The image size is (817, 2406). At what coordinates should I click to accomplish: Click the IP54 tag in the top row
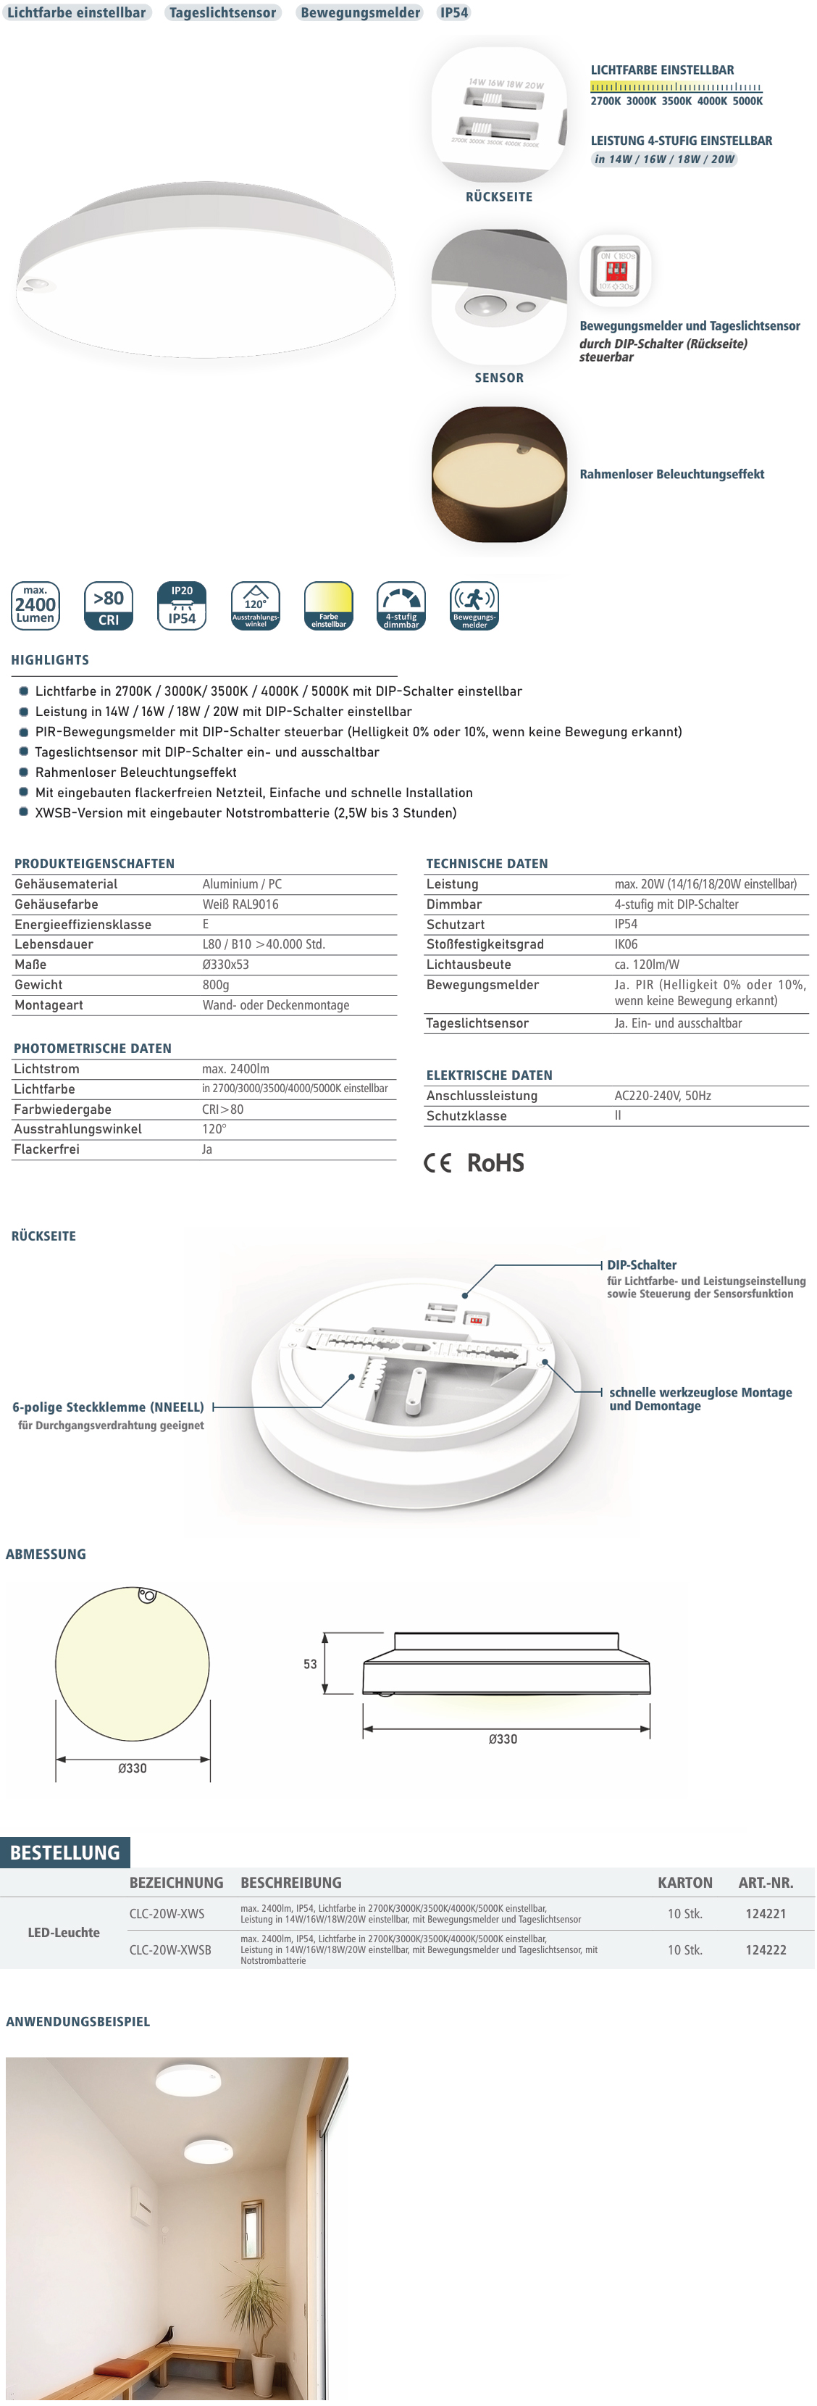click(x=454, y=13)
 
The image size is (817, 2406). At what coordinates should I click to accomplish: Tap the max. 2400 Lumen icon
click(x=35, y=605)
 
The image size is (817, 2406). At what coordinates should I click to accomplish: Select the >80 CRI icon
click(x=109, y=605)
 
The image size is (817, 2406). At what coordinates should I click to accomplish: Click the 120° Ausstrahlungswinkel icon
click(x=255, y=605)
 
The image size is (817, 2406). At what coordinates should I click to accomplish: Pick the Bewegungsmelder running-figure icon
click(x=474, y=605)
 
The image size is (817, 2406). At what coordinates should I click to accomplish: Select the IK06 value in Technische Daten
click(x=626, y=944)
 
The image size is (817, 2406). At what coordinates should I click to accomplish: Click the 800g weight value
click(x=216, y=984)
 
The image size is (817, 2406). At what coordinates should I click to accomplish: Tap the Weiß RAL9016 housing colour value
click(x=240, y=904)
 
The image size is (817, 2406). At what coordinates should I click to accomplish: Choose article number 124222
click(x=766, y=1949)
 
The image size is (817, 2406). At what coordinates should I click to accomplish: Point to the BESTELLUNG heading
click(x=64, y=1852)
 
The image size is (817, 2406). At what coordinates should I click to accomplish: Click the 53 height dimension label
click(x=310, y=1663)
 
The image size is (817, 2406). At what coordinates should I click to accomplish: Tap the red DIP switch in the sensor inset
click(x=616, y=271)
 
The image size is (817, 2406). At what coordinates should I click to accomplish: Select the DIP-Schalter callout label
click(x=642, y=1265)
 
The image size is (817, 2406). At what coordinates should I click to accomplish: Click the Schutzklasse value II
click(x=617, y=1115)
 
